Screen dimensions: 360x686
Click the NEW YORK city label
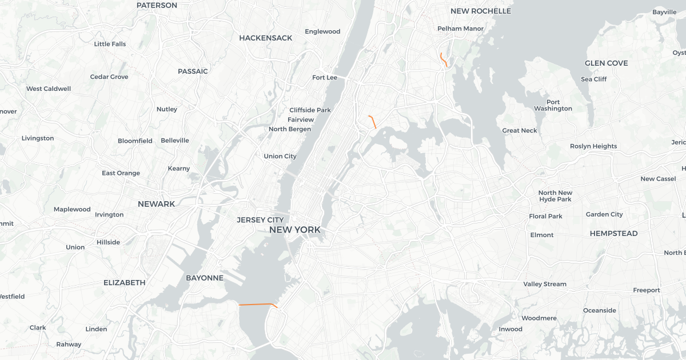(x=294, y=230)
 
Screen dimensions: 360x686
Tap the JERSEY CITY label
(x=260, y=220)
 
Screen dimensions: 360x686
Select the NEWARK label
(x=156, y=204)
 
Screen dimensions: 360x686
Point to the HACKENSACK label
(x=265, y=38)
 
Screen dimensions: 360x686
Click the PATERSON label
(x=157, y=5)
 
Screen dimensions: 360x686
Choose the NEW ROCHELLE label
(x=480, y=11)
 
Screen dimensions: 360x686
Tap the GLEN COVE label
(x=606, y=63)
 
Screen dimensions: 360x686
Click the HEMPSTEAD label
(x=613, y=234)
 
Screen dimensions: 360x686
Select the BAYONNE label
(x=204, y=278)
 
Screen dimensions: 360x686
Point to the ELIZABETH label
(x=124, y=283)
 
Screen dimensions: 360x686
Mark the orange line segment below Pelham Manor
(x=443, y=59)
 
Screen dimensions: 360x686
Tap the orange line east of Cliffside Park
(x=373, y=121)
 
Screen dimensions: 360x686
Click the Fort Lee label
(x=325, y=78)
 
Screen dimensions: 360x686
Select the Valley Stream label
(x=545, y=284)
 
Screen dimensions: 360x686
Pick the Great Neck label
(x=520, y=131)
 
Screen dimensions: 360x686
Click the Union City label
(x=280, y=157)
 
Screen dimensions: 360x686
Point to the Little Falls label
(x=110, y=44)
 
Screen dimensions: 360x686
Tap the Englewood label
(x=322, y=32)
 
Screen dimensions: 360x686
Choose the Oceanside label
(x=599, y=311)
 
